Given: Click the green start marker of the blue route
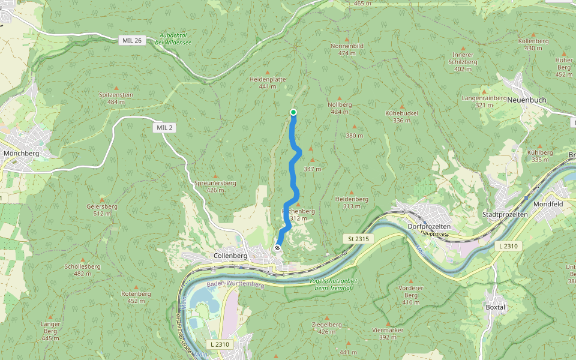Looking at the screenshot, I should [x=293, y=112].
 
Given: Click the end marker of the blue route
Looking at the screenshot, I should [x=277, y=248].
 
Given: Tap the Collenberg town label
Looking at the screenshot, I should [x=230, y=256].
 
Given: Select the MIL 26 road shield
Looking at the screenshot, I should [x=131, y=40].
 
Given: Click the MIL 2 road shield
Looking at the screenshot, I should [x=164, y=128].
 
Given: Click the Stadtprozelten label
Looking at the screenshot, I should [x=505, y=214].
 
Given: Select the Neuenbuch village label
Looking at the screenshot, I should [x=524, y=100].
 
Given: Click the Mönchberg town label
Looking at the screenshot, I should [x=21, y=154].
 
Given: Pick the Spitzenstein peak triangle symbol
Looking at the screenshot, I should [x=115, y=87].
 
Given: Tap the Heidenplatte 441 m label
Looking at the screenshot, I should [x=267, y=83].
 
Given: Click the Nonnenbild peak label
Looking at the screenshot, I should [x=347, y=49].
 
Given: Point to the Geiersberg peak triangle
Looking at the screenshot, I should [x=102, y=199].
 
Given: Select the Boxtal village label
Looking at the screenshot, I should [x=495, y=307].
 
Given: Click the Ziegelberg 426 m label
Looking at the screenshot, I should [x=326, y=328].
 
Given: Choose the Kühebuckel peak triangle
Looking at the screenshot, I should [x=401, y=105].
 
